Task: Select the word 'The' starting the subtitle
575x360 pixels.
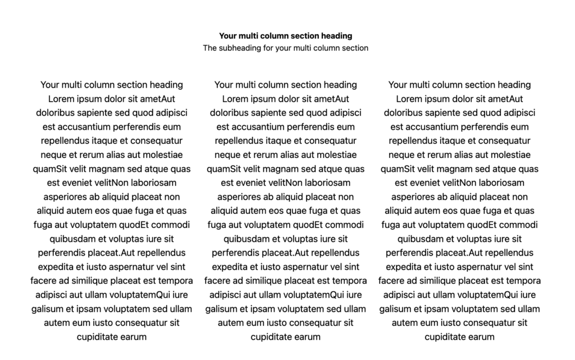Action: [210, 48]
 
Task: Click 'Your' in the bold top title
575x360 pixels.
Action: [229, 36]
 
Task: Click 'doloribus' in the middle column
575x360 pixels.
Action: [230, 113]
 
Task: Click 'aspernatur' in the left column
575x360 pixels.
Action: [130, 267]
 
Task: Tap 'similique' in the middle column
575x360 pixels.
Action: [272, 281]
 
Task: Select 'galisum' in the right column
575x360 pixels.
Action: [396, 309]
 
